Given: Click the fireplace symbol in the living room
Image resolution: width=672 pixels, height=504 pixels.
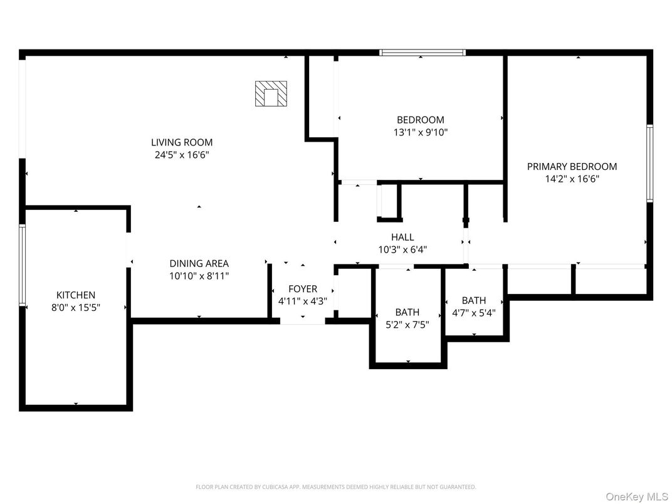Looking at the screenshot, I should [271, 94].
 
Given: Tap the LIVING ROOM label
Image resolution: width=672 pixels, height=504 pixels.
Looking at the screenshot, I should [181, 142].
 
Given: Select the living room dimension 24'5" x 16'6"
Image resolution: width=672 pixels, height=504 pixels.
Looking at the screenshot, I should [182, 155].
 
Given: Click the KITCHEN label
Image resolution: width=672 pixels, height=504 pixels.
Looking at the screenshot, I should [76, 295].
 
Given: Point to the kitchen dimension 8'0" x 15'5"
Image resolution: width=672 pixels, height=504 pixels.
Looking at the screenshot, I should [76, 307].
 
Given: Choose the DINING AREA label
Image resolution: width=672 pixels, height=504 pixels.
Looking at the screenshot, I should [199, 263].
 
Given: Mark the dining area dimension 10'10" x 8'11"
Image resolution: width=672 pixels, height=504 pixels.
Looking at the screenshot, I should [199, 276].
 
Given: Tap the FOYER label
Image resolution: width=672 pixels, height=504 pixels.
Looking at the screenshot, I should [302, 288].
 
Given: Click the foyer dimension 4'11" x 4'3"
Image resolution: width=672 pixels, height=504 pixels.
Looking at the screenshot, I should [302, 301].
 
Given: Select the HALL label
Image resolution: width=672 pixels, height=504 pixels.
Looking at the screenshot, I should [402, 237].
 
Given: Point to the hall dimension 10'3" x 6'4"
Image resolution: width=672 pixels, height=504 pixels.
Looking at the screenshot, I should [402, 249].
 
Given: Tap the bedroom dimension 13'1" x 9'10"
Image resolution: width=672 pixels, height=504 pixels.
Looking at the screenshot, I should [420, 132].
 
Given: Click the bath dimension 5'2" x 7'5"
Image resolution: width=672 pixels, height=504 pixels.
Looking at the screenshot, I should [407, 325].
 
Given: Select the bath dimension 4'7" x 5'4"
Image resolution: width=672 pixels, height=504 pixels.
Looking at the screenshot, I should [473, 313].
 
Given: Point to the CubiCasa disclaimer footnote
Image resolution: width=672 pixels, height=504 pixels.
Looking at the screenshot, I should [335, 486].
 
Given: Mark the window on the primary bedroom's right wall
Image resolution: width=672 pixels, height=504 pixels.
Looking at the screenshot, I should [649, 163].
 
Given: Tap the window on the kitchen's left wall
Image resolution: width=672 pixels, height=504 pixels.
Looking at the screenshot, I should [22, 265].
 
